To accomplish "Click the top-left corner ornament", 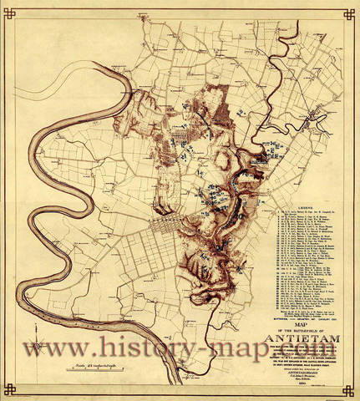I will click(x=9, y=10).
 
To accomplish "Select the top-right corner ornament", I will click(x=351, y=10).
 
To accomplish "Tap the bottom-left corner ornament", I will click(x=9, y=390).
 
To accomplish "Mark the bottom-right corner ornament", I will click(x=351, y=390).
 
